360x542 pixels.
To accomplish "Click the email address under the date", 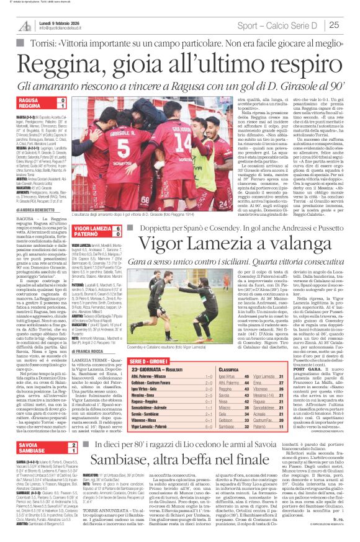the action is [71, 29].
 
